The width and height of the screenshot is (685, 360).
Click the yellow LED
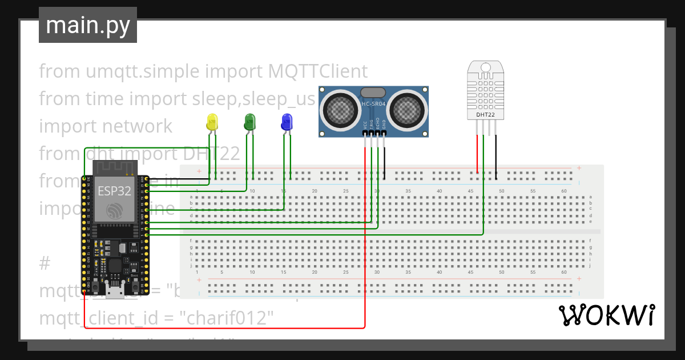[212, 121]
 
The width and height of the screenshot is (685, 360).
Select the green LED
[249, 121]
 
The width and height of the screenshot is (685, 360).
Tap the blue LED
[287, 121]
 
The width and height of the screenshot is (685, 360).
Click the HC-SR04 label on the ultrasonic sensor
[373, 104]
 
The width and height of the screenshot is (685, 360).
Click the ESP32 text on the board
[114, 191]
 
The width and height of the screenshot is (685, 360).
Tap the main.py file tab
[88, 25]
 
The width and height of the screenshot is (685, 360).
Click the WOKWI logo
[606, 315]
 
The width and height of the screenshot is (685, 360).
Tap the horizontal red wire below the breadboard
[228, 328]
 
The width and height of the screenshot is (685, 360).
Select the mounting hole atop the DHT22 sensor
[486, 67]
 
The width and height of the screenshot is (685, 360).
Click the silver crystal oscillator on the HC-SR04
[373, 91]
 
